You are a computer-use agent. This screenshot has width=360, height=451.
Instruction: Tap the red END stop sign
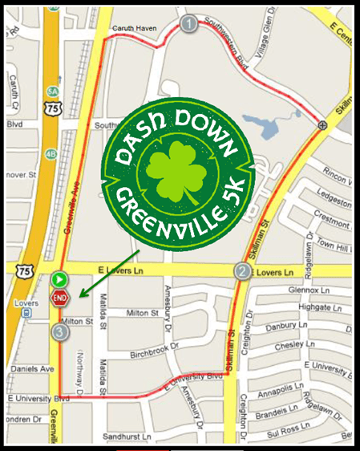click(59, 299)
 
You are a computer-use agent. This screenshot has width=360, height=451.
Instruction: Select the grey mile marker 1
click(189, 23)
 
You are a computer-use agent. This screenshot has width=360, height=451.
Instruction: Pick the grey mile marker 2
click(242, 271)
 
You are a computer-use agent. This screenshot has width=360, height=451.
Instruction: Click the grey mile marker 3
click(59, 331)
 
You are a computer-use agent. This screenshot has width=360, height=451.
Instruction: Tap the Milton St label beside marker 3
click(78, 322)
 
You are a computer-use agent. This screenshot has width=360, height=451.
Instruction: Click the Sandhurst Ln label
click(127, 436)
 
